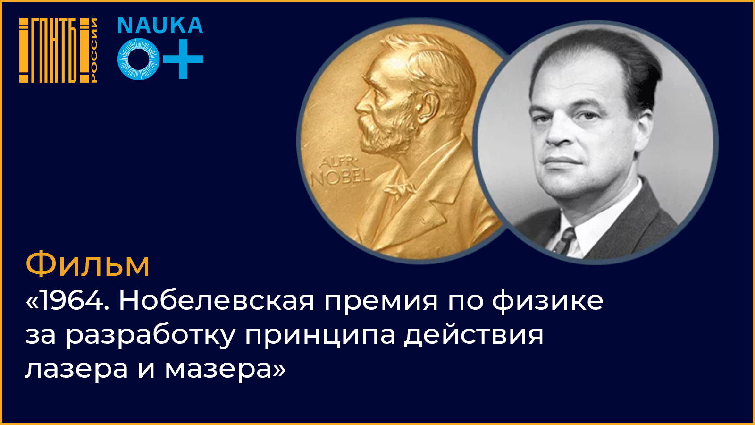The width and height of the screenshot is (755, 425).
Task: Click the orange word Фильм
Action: pyautogui.click(x=88, y=264)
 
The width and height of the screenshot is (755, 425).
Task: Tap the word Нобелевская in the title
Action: pyautogui.click(x=217, y=300)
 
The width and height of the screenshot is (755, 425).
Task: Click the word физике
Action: pyautogui.click(x=547, y=301)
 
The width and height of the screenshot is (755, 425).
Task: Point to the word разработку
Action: pyautogui.click(x=151, y=336)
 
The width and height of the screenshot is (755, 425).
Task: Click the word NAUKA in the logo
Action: pyautogui.click(x=160, y=25)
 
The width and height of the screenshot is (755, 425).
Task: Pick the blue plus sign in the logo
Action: pyautogui.click(x=183, y=59)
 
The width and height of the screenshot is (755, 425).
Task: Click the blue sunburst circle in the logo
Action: pyautogui.click(x=139, y=59)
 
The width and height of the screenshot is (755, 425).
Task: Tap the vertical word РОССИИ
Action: pyautogui.click(x=93, y=50)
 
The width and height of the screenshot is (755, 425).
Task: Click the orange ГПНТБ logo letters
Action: pyautogui.click(x=54, y=50)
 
